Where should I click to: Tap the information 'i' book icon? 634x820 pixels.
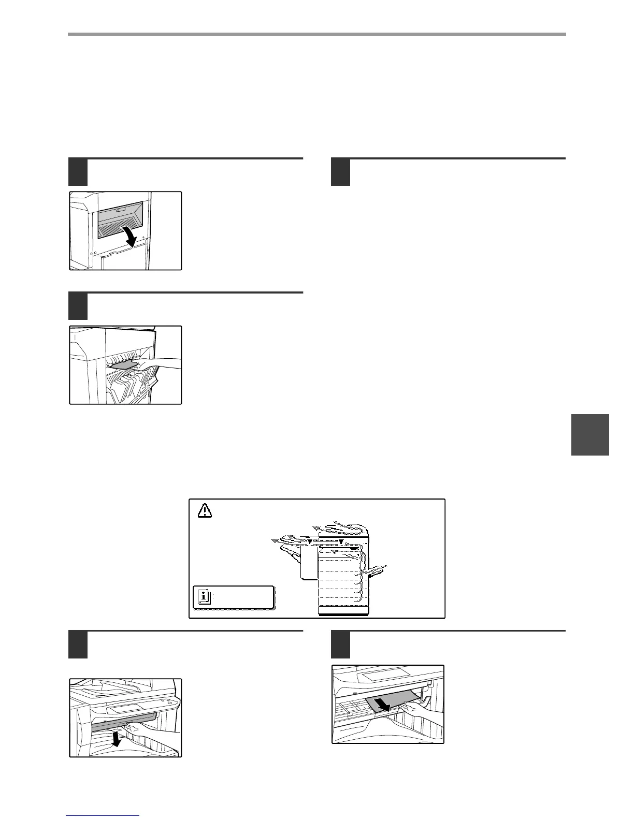[x=205, y=596]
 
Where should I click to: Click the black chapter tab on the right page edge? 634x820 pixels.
[x=590, y=434]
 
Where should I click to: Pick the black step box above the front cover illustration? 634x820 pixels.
[x=78, y=645]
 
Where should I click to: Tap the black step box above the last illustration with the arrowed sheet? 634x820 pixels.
[x=340, y=645]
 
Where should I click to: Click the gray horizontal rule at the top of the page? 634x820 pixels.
[x=316, y=35]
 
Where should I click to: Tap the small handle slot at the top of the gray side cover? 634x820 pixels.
[x=121, y=210]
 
